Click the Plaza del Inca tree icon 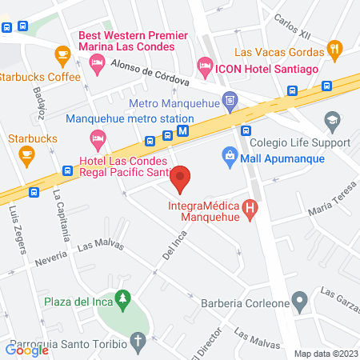[x=122, y=301]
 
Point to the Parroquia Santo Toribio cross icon [x=138, y=346]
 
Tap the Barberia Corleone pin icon [x=300, y=303]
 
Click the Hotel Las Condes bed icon [x=98, y=142]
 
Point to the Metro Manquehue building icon [x=230, y=100]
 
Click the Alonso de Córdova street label [x=147, y=74]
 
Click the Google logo [x=27, y=349]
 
